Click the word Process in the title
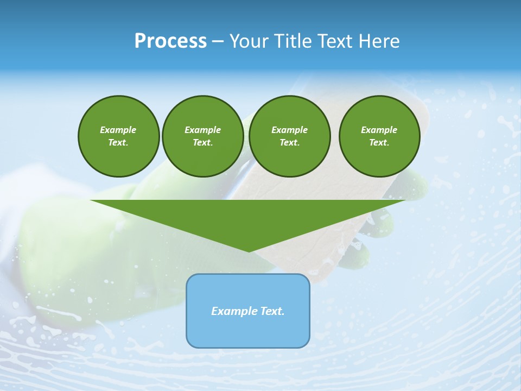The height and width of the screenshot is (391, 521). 170,41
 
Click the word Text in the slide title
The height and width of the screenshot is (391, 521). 335,41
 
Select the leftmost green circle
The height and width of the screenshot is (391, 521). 118,136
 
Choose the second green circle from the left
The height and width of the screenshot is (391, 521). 202,136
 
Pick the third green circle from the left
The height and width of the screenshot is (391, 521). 289,136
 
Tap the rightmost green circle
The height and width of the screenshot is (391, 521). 379,136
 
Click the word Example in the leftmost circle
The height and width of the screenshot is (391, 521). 118,130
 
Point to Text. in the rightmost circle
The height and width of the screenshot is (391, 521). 379,143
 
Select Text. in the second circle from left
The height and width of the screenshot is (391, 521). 202,143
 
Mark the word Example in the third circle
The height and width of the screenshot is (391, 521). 289,130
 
